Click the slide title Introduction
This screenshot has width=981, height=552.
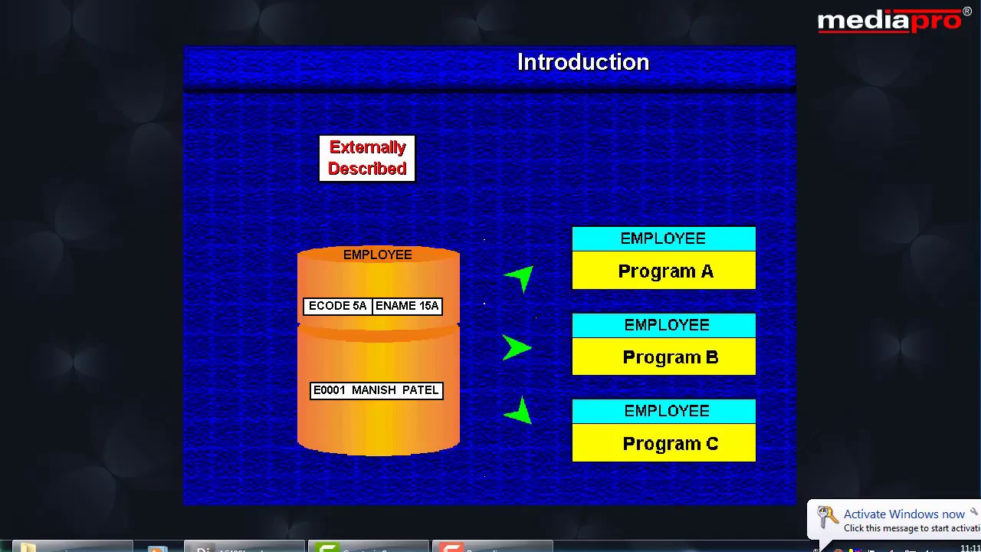[x=583, y=62]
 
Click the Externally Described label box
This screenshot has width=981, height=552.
[x=367, y=158]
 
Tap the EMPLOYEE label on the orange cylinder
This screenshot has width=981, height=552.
[x=377, y=255]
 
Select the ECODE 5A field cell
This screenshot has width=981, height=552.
[x=338, y=306]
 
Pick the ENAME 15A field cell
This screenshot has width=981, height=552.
[x=407, y=306]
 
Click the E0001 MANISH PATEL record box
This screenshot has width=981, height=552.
[x=376, y=390]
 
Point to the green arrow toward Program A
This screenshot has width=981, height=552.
[x=520, y=278]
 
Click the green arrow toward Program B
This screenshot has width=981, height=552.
[x=516, y=347]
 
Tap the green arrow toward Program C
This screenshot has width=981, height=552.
[x=520, y=412]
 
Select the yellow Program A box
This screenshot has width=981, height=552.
[x=664, y=271]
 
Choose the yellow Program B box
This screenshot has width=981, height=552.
[x=664, y=357]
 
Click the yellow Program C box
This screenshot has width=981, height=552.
[x=664, y=443]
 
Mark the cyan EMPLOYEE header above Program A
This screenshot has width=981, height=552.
[x=664, y=238]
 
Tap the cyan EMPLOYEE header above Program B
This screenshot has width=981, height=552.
[x=664, y=325]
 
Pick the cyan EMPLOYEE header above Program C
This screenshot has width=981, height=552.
[x=664, y=411]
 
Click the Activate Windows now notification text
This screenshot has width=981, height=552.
[x=904, y=514]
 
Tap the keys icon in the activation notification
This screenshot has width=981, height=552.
[x=827, y=518]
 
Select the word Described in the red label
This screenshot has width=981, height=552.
[x=367, y=169]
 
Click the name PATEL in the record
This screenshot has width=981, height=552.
[x=420, y=390]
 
